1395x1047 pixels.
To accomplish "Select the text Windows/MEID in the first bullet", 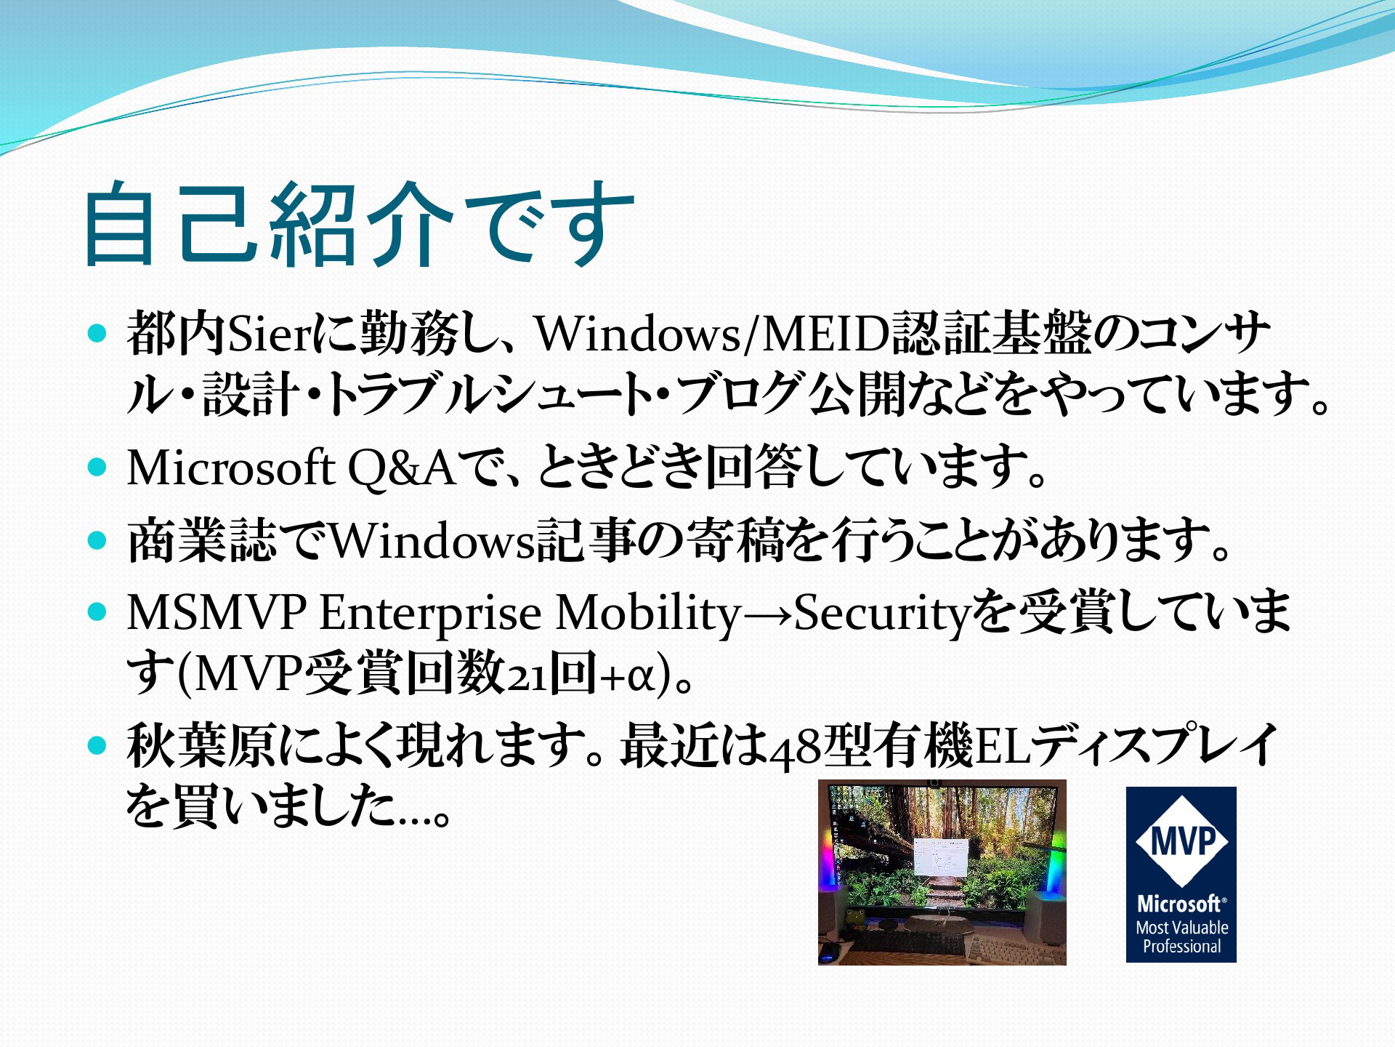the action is (x=713, y=334).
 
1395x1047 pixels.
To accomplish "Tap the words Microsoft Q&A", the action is (x=291, y=467).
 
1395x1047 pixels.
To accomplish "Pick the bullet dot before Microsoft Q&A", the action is (x=97, y=466).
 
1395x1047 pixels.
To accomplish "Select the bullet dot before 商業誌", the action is (x=97, y=539).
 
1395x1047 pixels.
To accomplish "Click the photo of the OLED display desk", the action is (x=942, y=872).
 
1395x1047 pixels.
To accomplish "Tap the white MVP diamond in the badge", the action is (x=1181, y=841).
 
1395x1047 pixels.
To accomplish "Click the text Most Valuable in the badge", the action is (x=1182, y=928).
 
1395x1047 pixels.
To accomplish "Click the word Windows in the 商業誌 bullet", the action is (x=432, y=541).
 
